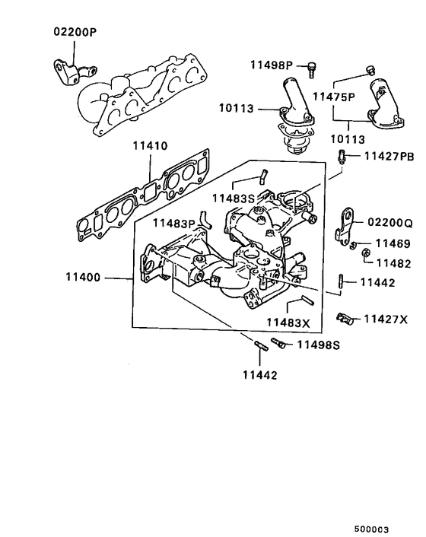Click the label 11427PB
389,157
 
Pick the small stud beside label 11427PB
342,157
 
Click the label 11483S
233,197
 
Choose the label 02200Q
390,223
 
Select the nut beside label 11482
364,253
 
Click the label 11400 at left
83,279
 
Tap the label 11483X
288,323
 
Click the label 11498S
318,345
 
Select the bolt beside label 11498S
279,345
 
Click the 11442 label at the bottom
260,375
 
